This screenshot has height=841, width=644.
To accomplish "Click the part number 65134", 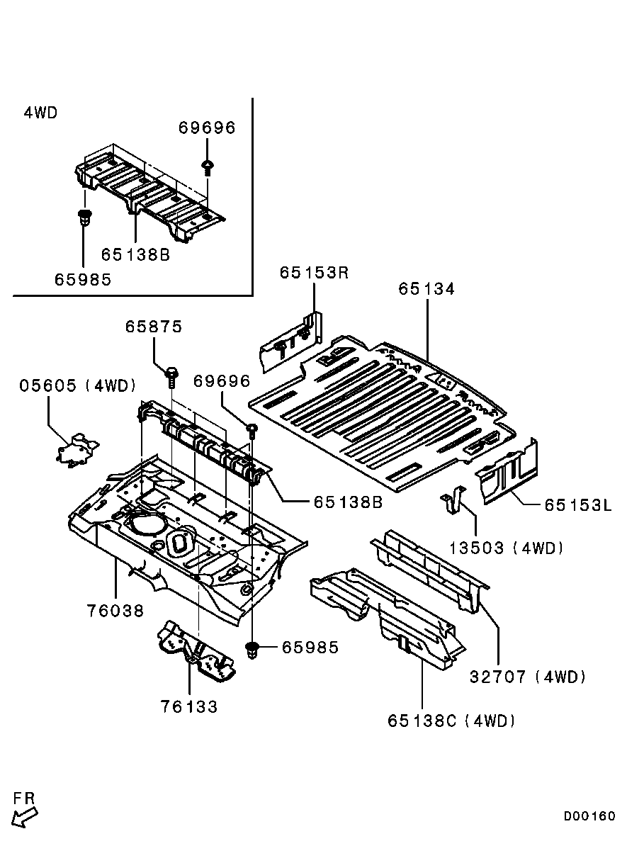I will (x=426, y=289).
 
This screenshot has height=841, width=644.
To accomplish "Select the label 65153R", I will (x=314, y=273).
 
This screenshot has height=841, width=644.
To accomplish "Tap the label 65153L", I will (x=578, y=505).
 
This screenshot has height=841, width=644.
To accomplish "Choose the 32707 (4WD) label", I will (x=528, y=677).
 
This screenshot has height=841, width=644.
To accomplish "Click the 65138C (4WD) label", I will (x=451, y=721).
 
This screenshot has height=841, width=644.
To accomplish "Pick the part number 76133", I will (x=188, y=706).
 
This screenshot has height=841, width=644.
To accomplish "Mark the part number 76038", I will (x=115, y=611).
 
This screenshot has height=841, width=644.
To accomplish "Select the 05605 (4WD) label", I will (x=77, y=385).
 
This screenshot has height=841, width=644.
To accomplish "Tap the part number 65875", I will (x=154, y=327).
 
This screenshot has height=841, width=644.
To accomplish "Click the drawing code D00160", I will (x=589, y=816).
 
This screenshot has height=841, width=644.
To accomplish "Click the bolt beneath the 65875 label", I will (x=171, y=376).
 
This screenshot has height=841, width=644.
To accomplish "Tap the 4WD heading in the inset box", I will (x=40, y=113).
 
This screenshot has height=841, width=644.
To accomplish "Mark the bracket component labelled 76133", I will (x=195, y=652).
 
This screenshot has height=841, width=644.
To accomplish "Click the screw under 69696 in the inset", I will (x=207, y=167).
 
